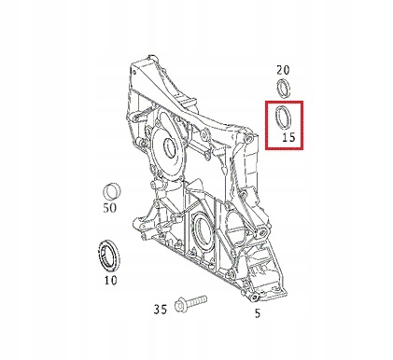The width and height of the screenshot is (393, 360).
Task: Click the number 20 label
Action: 284,69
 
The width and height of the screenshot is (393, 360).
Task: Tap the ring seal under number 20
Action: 284,90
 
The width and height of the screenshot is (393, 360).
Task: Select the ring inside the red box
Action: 284,119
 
